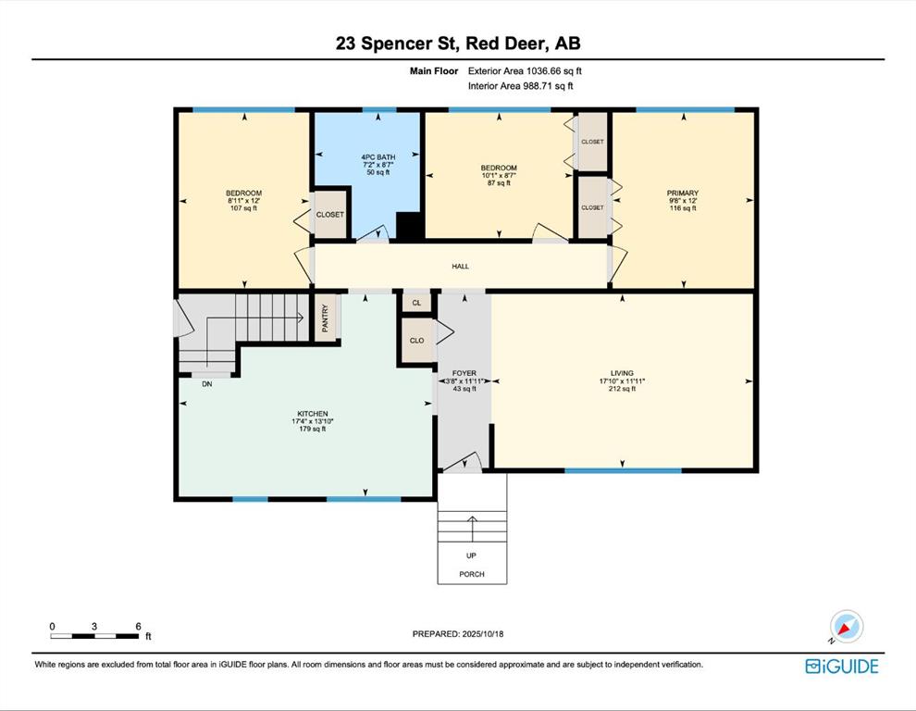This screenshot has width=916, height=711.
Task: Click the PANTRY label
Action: pyautogui.click(x=326, y=318)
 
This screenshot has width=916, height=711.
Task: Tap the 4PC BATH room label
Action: pyautogui.click(x=378, y=157)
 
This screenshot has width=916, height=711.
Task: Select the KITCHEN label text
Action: pyautogui.click(x=313, y=414)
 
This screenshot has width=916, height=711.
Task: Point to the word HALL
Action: pyautogui.click(x=461, y=266)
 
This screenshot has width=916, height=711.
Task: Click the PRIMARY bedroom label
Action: pyautogui.click(x=682, y=193)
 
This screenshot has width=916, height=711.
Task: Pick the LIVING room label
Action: pyautogui.click(x=622, y=373)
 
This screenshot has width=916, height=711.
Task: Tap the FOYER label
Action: pyautogui.click(x=464, y=373)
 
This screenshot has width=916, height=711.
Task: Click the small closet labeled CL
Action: pyautogui.click(x=416, y=303)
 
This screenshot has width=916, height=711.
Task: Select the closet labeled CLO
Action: pyautogui.click(x=416, y=341)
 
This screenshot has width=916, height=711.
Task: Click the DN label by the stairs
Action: pyautogui.click(x=207, y=384)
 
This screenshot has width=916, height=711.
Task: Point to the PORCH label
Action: pyautogui.click(x=472, y=574)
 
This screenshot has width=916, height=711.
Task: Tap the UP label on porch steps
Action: pyautogui.click(x=471, y=555)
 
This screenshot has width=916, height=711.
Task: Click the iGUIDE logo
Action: pyautogui.click(x=842, y=667)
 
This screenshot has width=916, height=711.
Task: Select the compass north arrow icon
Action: pyautogui.click(x=846, y=627)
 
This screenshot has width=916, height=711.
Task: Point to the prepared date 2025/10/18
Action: pyautogui.click(x=483, y=634)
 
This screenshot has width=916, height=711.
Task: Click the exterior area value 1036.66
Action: pyautogui.click(x=543, y=71)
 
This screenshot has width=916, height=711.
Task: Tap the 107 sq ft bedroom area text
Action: pyautogui.click(x=243, y=208)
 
